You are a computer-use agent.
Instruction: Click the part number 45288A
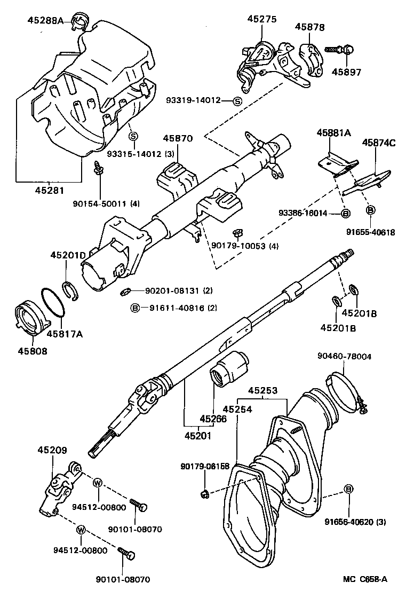point(45,20)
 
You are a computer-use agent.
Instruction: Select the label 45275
point(261,19)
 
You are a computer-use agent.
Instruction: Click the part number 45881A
point(333,132)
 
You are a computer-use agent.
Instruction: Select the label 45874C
point(379,143)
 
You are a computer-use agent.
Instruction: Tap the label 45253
point(261,391)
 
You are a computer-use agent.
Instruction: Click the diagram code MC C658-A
point(365,579)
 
